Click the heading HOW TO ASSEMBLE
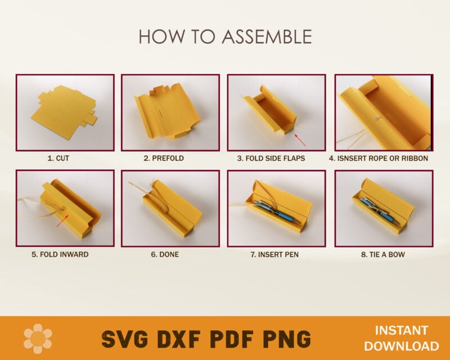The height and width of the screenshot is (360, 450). [225, 37]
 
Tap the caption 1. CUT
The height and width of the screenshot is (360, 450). [58, 159]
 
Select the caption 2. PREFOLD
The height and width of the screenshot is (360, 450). [164, 159]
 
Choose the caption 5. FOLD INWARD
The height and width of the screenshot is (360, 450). [60, 255]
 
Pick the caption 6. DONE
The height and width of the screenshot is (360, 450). [165, 255]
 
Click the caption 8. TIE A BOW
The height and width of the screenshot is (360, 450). [383, 255]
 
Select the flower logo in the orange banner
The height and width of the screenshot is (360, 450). [38, 338]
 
